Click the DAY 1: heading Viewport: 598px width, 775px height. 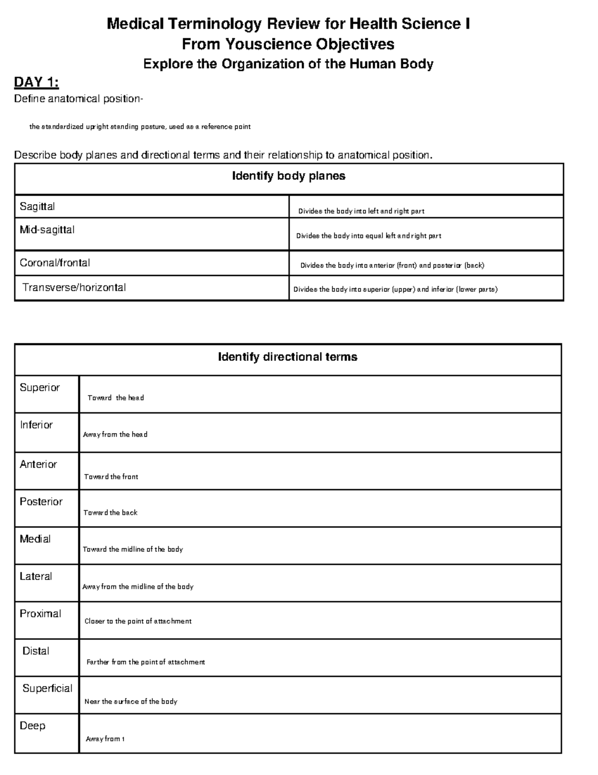pyautogui.click(x=36, y=82)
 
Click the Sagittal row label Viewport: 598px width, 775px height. pyautogui.click(x=37, y=207)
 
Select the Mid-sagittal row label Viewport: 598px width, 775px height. pyautogui.click(x=47, y=230)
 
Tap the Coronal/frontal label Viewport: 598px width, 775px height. pyautogui.click(x=55, y=263)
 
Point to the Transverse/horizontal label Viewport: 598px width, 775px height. pyautogui.click(x=74, y=288)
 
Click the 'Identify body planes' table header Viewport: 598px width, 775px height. pyautogui.click(x=289, y=176)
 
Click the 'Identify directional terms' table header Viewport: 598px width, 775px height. pyautogui.click(x=288, y=357)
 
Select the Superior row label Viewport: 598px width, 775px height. pyautogui.click(x=40, y=388)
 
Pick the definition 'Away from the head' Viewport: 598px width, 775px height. pyautogui.click(x=115, y=435)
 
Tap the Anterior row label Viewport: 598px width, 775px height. pyautogui.click(x=38, y=465)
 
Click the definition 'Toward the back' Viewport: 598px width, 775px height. pyautogui.click(x=110, y=513)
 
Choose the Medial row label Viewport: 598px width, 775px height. pyautogui.click(x=35, y=539)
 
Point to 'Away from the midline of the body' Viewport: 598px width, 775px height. pyautogui.click(x=138, y=587)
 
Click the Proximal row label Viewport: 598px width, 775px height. pyautogui.click(x=40, y=614)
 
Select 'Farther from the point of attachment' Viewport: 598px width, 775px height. pyautogui.click(x=146, y=662)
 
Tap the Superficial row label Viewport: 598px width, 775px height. pyautogui.click(x=47, y=689)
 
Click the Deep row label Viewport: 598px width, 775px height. pyautogui.click(x=32, y=726)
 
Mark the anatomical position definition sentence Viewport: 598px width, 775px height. pyautogui.click(x=140, y=127)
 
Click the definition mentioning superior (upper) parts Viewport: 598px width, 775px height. pyautogui.click(x=395, y=289)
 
